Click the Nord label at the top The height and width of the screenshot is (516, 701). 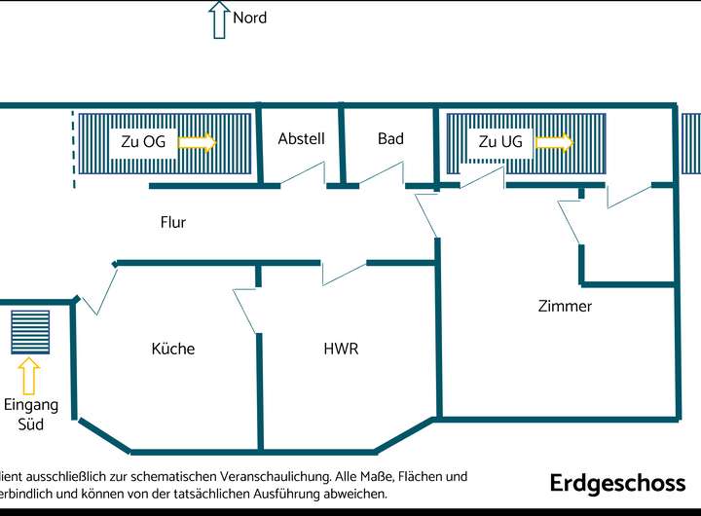point(249,18)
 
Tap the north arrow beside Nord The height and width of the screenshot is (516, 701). point(218,19)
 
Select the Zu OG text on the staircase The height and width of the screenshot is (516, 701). point(143,142)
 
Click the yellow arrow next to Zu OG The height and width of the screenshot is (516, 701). point(198,142)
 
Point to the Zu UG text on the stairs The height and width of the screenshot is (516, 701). point(500,142)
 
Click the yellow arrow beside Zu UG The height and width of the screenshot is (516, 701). point(554,142)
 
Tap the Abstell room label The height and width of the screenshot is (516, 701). point(301,139)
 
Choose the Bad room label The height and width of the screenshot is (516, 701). point(390,139)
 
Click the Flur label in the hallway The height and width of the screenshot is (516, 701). point(173,222)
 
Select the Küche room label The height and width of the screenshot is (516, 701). point(173,349)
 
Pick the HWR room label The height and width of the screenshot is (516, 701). point(341,349)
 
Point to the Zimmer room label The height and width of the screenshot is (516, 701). point(565,306)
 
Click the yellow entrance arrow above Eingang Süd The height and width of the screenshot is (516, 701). point(29,375)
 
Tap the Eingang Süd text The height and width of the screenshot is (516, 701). point(30,414)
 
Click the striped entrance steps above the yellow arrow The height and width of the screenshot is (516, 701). point(29,332)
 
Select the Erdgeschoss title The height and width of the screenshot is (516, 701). point(617,483)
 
